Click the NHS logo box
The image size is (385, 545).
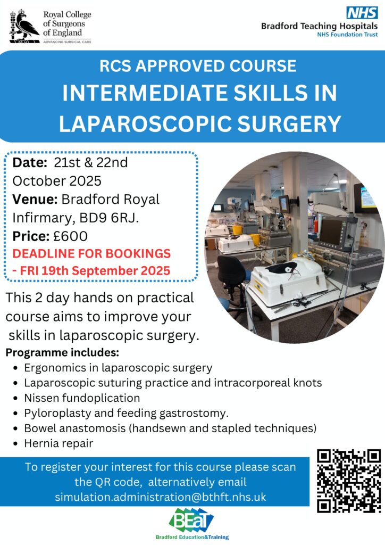[x=362, y=13]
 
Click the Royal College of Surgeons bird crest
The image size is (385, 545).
[x=24, y=26]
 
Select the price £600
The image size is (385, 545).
[x=71, y=236]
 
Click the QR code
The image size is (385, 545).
[x=348, y=481]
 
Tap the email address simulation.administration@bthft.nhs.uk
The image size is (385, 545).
[x=161, y=497]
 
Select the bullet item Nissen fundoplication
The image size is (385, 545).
[x=82, y=398]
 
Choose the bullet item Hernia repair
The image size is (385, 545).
[x=58, y=443]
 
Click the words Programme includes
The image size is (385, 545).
[x=63, y=352]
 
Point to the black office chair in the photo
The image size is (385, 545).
[x=233, y=282]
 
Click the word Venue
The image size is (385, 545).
[x=35, y=200]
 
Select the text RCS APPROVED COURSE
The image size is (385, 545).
[x=198, y=66]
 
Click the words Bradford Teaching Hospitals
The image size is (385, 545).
[x=319, y=26]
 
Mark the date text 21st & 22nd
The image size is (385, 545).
[x=90, y=163]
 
